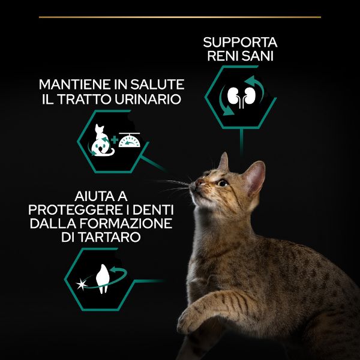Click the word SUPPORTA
coord(240,43)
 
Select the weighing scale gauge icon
coord(128,143)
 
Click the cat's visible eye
coord(223,182)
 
